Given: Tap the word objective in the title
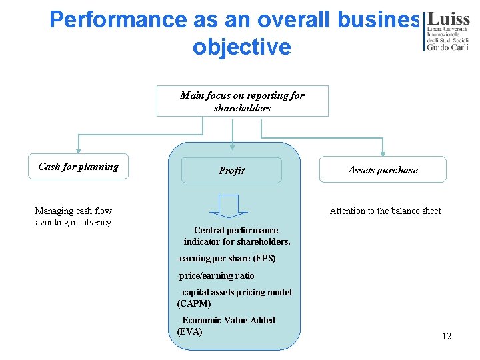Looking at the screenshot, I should (242, 47).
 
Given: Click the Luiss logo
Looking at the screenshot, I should (447, 30).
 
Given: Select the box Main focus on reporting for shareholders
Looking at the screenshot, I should (242, 101).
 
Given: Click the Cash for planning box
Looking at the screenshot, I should (78, 167).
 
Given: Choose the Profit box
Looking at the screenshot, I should (232, 171).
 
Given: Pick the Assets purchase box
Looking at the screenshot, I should (383, 170).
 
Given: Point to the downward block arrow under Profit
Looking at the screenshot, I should (229, 206).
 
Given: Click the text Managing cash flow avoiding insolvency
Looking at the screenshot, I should (73, 217).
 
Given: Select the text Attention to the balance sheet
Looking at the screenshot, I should (385, 211).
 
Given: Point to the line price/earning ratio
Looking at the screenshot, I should (217, 275).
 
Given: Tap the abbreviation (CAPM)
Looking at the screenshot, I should (194, 303).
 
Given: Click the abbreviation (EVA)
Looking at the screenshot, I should (190, 331).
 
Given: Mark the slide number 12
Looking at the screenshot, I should (447, 336).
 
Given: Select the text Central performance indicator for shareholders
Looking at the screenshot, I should (237, 235).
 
